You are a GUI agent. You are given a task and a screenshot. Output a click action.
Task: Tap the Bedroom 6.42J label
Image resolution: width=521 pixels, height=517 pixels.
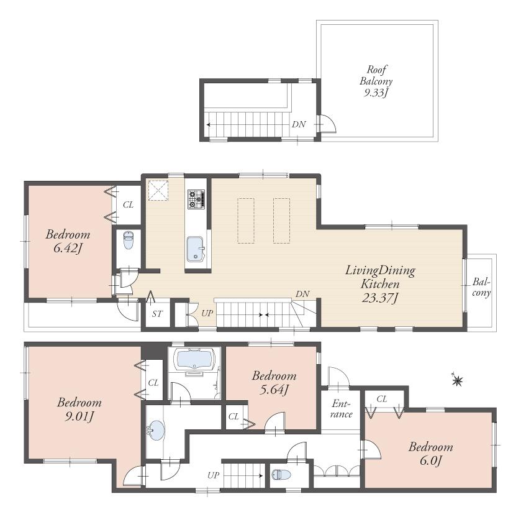pos(68,242)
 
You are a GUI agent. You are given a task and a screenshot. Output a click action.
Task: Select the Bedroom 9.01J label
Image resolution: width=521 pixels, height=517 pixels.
pos(79,408)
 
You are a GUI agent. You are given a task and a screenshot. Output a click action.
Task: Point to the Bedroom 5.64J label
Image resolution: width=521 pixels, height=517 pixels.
pos(274,382)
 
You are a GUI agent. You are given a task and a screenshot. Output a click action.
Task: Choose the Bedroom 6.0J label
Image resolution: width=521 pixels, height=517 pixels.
pos(430,453)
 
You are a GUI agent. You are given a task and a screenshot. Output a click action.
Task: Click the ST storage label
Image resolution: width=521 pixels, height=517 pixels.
pos(157,314)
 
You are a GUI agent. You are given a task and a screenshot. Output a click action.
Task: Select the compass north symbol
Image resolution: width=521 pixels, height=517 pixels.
pos(458,380)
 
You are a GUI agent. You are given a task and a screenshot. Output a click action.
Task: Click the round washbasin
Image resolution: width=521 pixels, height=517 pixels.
pos(156,430)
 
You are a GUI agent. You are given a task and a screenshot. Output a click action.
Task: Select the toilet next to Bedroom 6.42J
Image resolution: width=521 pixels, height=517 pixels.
pos(128,240)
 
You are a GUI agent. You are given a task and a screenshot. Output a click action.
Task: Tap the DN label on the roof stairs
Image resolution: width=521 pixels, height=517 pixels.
pos(299,124)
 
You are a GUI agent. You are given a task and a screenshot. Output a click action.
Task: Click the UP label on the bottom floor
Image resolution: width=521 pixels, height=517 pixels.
pos(213,475)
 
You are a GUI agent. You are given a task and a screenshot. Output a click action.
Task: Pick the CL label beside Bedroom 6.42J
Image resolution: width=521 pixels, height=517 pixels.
pos(128,204)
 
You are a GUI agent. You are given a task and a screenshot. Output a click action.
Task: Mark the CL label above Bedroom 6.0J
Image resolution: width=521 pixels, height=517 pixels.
pos(382,398)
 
